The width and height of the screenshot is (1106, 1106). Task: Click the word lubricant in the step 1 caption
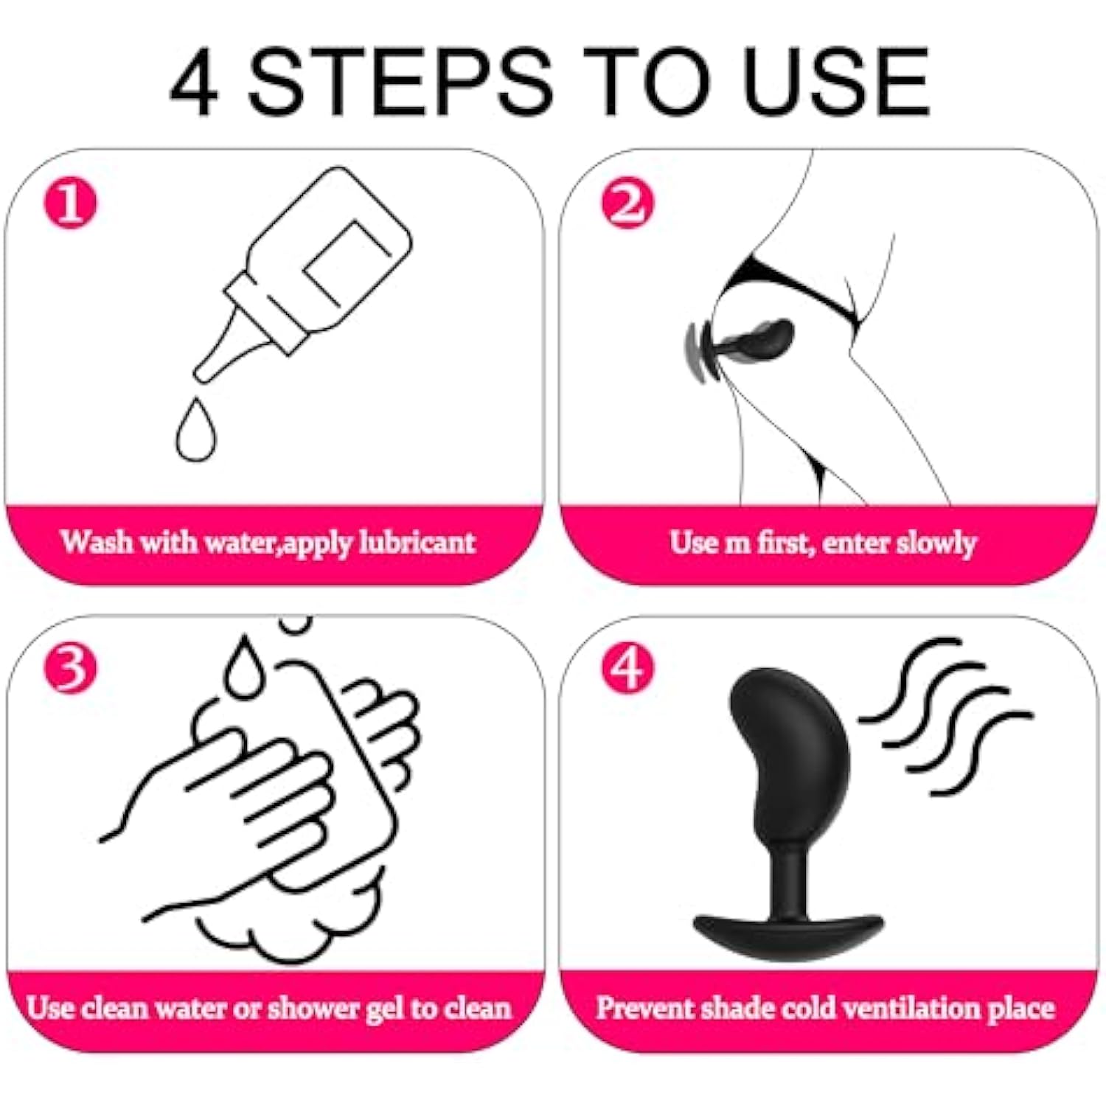coord(417,543)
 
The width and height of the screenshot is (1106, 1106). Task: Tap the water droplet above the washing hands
coord(244,667)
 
